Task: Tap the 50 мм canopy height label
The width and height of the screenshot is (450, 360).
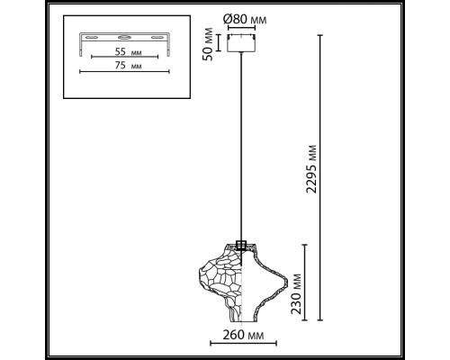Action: coord(209,46)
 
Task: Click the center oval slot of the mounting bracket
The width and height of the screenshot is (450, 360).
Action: coord(125,37)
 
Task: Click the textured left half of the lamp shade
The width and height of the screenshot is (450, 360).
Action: coord(219,279)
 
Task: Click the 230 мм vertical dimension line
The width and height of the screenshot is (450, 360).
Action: coord(310,283)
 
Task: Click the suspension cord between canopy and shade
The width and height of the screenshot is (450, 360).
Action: coord(241,144)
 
